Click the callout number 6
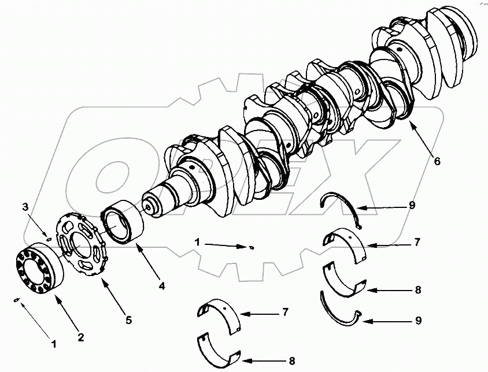click(x=437, y=162)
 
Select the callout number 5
click(x=128, y=319)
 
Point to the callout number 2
click(x=81, y=337)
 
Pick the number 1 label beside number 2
click(x=54, y=344)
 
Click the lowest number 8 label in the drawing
click(x=292, y=361)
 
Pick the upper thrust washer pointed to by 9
click(x=341, y=207)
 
